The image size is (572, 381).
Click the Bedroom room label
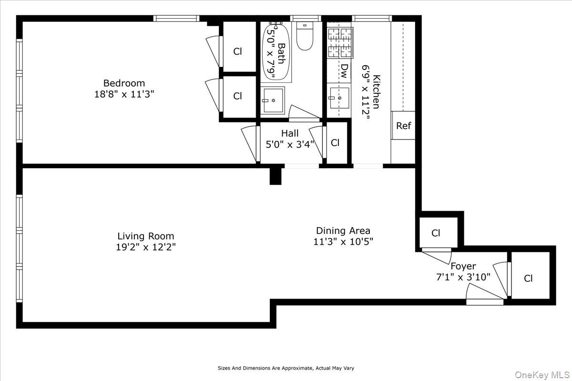coord(124,83)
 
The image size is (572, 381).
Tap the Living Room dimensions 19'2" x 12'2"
coord(146,247)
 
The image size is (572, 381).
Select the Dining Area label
coord(343,231)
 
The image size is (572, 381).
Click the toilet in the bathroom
coord(305,36)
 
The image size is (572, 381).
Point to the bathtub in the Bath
coord(276,52)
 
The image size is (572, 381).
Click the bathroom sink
coord(273,100)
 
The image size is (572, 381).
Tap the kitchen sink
coord(339,98)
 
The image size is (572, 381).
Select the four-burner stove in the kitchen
coord(340,42)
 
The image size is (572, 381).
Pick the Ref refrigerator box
coord(403,125)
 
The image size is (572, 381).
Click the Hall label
coord(290,133)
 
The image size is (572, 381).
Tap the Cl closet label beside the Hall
coord(335,143)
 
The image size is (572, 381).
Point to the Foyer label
coord(463,266)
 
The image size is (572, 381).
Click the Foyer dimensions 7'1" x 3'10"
coord(463,277)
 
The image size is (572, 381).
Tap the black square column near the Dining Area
coord(276,176)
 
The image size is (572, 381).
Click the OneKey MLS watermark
coord(542,375)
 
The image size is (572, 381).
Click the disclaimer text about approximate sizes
coord(286,368)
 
